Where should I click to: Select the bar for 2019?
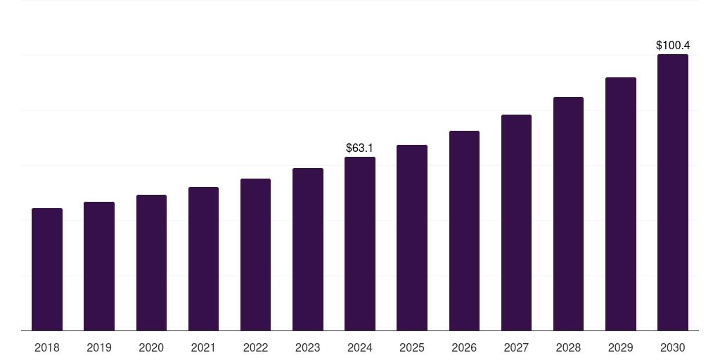pos(99,266)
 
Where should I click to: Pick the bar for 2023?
pos(308,250)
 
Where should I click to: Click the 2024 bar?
pos(360,244)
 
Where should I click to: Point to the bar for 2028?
pos(568,214)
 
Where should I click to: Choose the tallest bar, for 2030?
pos(673,193)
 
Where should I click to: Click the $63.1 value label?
pos(360,148)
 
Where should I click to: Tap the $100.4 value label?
pos(673,46)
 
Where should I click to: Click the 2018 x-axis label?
pos(47,347)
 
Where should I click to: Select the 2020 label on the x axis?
pos(151,347)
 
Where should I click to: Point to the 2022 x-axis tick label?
pos(255,347)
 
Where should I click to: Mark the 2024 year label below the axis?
pos(360,347)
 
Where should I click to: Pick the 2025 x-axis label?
pos(412,347)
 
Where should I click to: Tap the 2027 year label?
pos(516,347)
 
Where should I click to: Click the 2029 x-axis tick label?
pos(620,347)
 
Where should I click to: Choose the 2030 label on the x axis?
pos(673,347)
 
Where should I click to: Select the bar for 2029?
pos(620,204)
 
